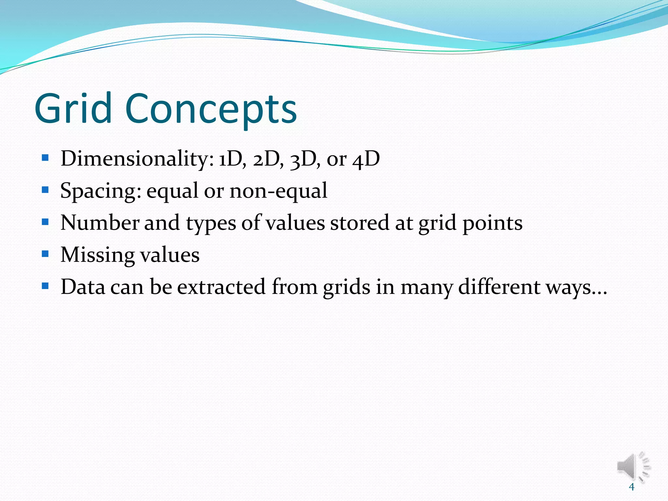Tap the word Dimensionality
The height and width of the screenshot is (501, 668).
[x=137, y=159]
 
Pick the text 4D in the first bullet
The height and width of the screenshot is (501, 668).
[x=366, y=159]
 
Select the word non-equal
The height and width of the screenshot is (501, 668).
[x=278, y=191]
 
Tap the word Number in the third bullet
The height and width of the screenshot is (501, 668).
[x=100, y=223]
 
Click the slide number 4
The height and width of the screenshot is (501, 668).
[x=631, y=487]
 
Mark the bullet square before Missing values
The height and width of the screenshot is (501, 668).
[x=45, y=254]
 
